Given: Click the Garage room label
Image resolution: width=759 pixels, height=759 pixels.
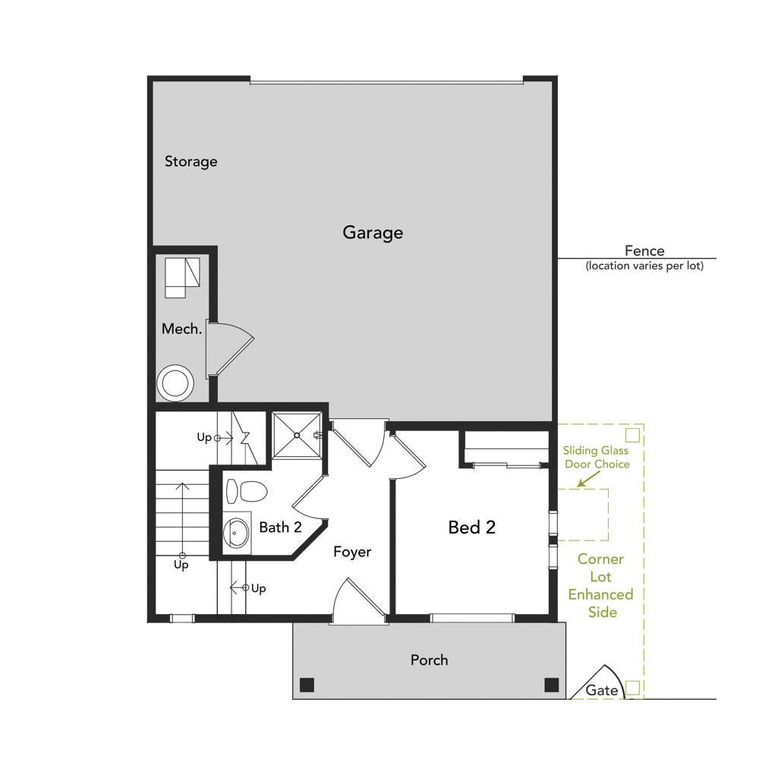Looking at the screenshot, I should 373,233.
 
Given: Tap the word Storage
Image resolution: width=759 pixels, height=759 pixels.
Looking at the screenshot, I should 191,162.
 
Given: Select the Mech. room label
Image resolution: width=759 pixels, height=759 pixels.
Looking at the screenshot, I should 182,329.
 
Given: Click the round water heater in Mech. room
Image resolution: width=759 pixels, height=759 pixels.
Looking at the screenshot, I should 176,383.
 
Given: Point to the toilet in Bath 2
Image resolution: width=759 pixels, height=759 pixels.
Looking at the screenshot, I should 247,492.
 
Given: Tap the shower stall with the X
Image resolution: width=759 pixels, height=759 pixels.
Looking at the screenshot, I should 297,436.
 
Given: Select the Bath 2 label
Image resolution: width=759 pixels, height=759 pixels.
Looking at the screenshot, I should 281,528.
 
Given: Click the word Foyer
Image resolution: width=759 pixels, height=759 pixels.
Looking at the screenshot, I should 352,552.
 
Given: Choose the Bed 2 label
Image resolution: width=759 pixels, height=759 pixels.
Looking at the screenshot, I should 471,528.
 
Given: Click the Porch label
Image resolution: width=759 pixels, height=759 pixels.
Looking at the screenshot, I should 429,660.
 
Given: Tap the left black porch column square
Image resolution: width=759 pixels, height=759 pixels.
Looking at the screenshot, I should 307,685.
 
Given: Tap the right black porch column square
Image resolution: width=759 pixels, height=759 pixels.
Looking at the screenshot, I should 552,685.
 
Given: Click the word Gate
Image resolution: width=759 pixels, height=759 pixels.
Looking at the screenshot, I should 602,691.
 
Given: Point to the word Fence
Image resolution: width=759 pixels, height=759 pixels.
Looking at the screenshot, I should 644,250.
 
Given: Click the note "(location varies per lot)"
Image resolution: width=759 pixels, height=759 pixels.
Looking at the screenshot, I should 644,266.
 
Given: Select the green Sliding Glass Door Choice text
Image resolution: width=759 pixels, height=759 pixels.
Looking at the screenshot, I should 596,457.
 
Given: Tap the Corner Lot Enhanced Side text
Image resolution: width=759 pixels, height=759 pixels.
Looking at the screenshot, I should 601,585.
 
